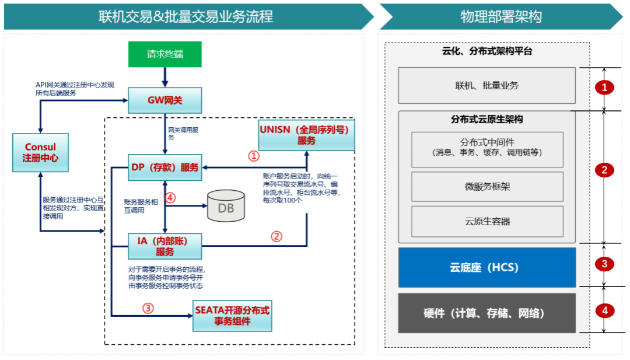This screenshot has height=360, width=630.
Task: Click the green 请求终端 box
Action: click(165, 55)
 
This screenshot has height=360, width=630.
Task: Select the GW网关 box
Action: click(165, 100)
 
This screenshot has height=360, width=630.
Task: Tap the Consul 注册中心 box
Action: click(41, 152)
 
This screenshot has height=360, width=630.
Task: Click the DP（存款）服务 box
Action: click(165, 168)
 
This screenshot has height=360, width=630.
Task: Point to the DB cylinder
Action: click(226, 207)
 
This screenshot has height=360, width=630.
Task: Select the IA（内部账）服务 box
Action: click(165, 246)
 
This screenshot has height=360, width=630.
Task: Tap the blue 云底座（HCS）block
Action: click(487, 267)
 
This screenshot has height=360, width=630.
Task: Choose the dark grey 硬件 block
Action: click(487, 313)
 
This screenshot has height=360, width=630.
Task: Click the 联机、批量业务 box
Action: click(487, 85)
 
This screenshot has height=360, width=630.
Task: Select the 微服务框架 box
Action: click(487, 187)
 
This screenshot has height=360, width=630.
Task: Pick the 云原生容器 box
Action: click(487, 221)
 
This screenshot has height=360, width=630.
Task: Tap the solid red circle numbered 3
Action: click(604, 264)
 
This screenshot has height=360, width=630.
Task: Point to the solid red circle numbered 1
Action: click(604, 88)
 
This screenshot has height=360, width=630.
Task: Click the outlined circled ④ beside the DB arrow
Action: click(170, 198)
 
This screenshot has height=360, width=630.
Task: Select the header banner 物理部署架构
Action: click(501, 16)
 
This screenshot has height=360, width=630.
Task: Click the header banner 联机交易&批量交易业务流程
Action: click(185, 16)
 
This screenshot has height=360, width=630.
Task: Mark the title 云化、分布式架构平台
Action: click(487, 51)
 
